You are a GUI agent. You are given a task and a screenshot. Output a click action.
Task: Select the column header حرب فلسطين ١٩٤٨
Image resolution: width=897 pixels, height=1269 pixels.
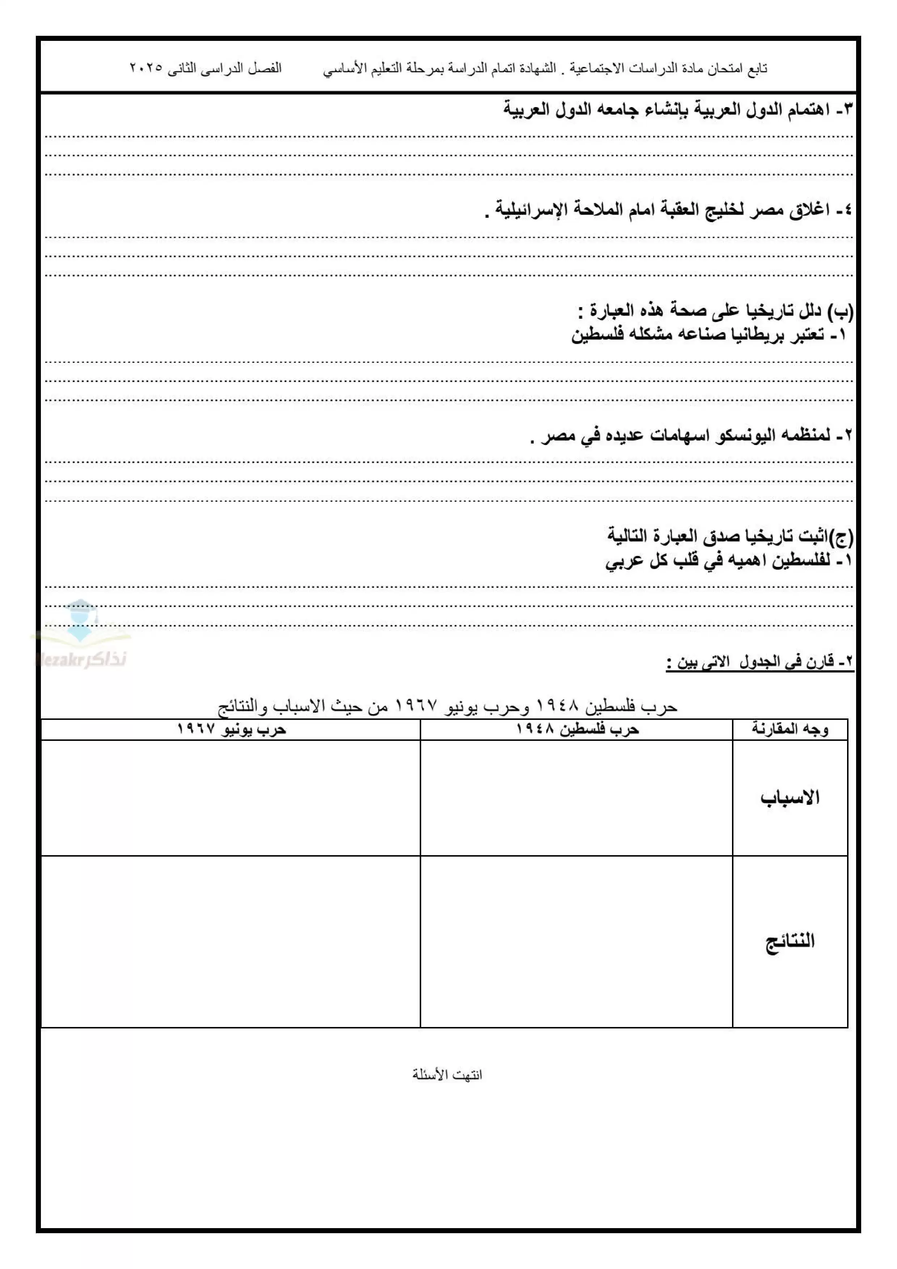click(577, 730)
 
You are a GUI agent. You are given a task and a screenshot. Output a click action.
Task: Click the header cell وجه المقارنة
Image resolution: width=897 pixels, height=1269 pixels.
click(790, 730)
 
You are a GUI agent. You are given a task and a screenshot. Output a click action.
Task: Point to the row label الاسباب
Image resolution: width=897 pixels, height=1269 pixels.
click(790, 798)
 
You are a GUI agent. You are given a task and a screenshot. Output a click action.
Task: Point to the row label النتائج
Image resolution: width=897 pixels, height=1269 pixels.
click(790, 941)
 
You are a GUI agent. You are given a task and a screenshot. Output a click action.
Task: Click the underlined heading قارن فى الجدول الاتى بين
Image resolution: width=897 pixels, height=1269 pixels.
click(760, 662)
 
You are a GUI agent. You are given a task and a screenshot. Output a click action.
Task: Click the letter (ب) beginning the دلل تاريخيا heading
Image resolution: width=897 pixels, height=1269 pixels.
click(842, 312)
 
